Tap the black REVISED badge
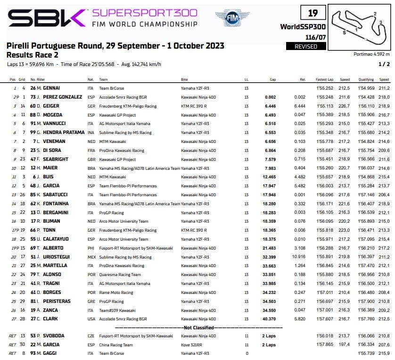click(306, 46)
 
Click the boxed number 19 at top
click(313, 14)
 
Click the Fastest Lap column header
click(325, 79)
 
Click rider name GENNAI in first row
click(51, 88)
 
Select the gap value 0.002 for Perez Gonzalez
click(270, 97)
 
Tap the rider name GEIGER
click(51, 106)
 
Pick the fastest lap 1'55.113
click(325, 106)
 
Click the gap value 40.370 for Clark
click(269, 318)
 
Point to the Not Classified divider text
click(198, 327)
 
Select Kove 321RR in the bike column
click(191, 345)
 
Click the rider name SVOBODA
click(53, 336)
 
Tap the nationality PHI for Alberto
click(91, 248)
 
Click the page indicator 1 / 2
click(384, 64)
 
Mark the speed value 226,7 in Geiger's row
click(345, 106)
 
